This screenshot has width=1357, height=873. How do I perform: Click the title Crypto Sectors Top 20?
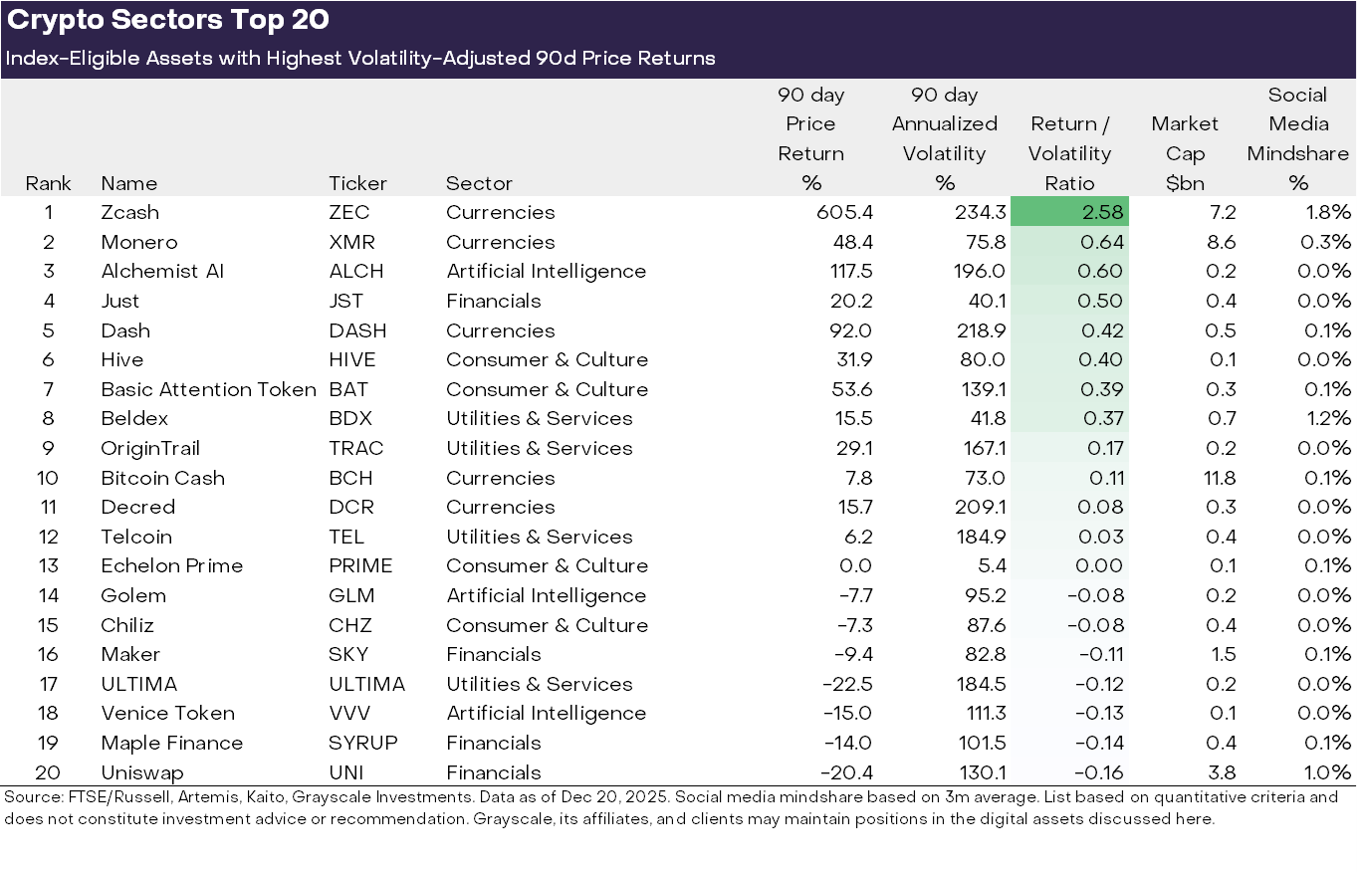168,20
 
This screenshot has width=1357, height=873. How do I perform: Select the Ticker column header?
357,183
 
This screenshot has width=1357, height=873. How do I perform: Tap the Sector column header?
479,183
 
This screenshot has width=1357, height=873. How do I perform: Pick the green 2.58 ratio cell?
1069,212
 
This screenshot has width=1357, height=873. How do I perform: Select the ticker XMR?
350,242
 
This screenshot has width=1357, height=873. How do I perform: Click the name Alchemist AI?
162,272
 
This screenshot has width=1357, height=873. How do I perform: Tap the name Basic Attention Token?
208,389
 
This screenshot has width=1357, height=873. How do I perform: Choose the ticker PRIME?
360,565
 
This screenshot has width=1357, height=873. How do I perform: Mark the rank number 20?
48,772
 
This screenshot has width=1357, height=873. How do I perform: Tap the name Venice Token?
167,713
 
